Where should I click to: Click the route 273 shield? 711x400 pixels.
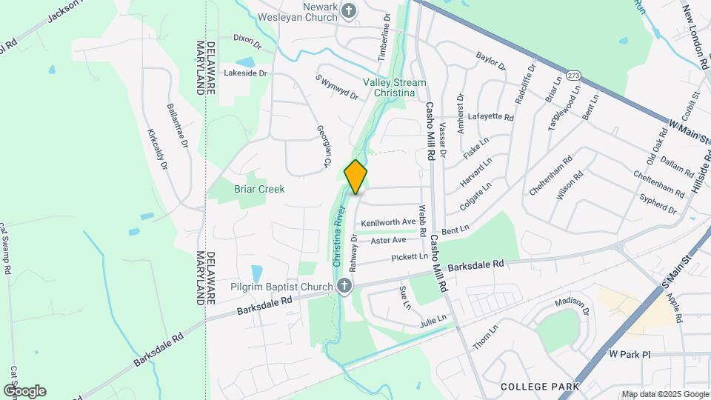tap(573, 76)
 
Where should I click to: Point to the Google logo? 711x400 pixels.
tap(24, 391)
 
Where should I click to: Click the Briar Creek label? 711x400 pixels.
tap(259, 189)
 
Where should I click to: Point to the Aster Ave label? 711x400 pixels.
tap(389, 240)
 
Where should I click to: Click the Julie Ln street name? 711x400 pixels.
tap(433, 320)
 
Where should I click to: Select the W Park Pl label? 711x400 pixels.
tap(630, 355)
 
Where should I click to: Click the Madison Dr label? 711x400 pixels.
tap(572, 306)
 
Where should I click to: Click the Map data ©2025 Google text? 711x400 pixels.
tap(664, 394)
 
